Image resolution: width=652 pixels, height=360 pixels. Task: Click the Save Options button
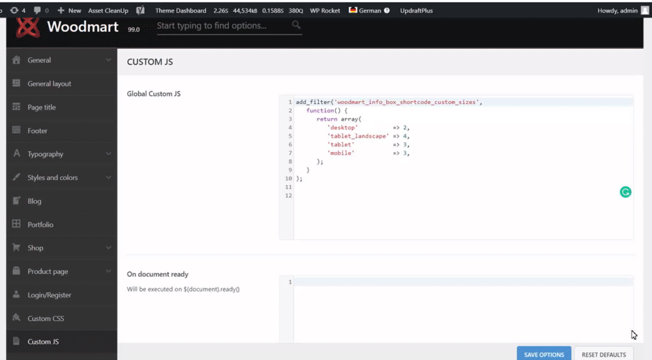544,354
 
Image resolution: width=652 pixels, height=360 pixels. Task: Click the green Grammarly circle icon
625,192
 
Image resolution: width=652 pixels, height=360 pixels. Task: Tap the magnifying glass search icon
296,25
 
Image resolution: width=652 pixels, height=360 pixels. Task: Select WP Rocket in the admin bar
325,10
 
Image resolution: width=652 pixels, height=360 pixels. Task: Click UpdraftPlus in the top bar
416,10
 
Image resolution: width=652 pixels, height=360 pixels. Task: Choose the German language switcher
369,10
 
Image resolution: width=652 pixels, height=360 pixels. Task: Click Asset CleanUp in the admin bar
108,10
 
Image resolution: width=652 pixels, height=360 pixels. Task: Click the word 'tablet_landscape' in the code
358,136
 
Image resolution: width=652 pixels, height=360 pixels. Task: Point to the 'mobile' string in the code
341,153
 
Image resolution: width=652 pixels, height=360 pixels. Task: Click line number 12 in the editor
289,196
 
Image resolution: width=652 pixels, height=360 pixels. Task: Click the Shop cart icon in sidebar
16,247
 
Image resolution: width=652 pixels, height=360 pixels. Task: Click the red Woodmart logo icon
27,27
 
